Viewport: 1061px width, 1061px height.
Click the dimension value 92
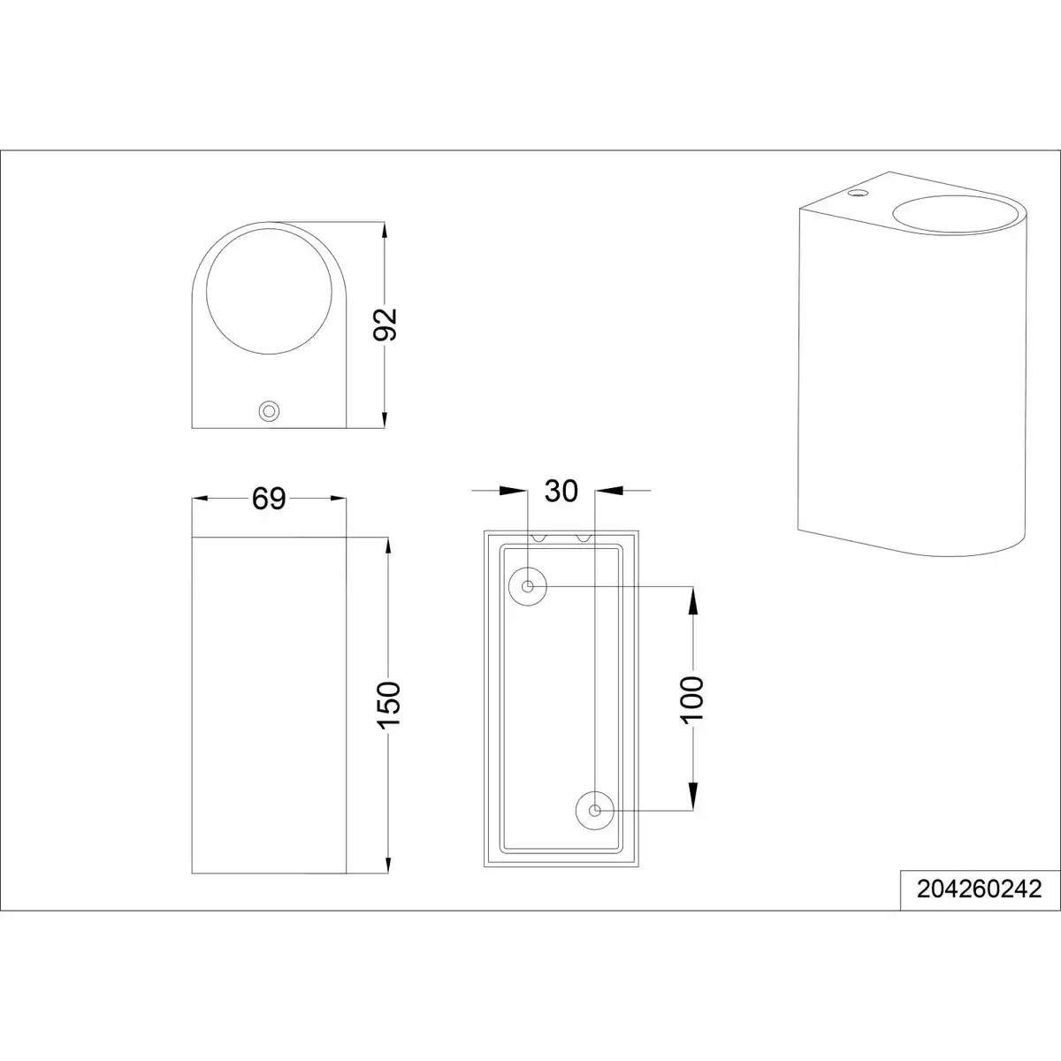(385, 324)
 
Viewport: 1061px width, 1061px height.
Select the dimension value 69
(269, 499)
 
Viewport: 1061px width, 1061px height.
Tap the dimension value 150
(388, 705)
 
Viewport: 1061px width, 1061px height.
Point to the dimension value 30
(561, 491)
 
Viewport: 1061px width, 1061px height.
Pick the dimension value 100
(692, 699)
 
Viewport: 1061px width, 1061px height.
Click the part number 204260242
(979, 889)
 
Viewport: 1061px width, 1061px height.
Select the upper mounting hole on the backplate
(528, 587)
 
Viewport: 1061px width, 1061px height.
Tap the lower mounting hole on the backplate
(595, 811)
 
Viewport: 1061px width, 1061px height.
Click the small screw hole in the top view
(269, 411)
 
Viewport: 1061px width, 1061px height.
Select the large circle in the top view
(269, 291)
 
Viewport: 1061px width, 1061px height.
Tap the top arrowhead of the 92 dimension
(385, 231)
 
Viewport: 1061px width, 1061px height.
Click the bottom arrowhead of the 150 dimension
(388, 863)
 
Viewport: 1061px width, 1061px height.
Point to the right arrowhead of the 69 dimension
(338, 499)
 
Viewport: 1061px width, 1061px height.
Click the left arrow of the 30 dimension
(513, 490)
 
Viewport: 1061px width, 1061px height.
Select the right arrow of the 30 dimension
(609, 490)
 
